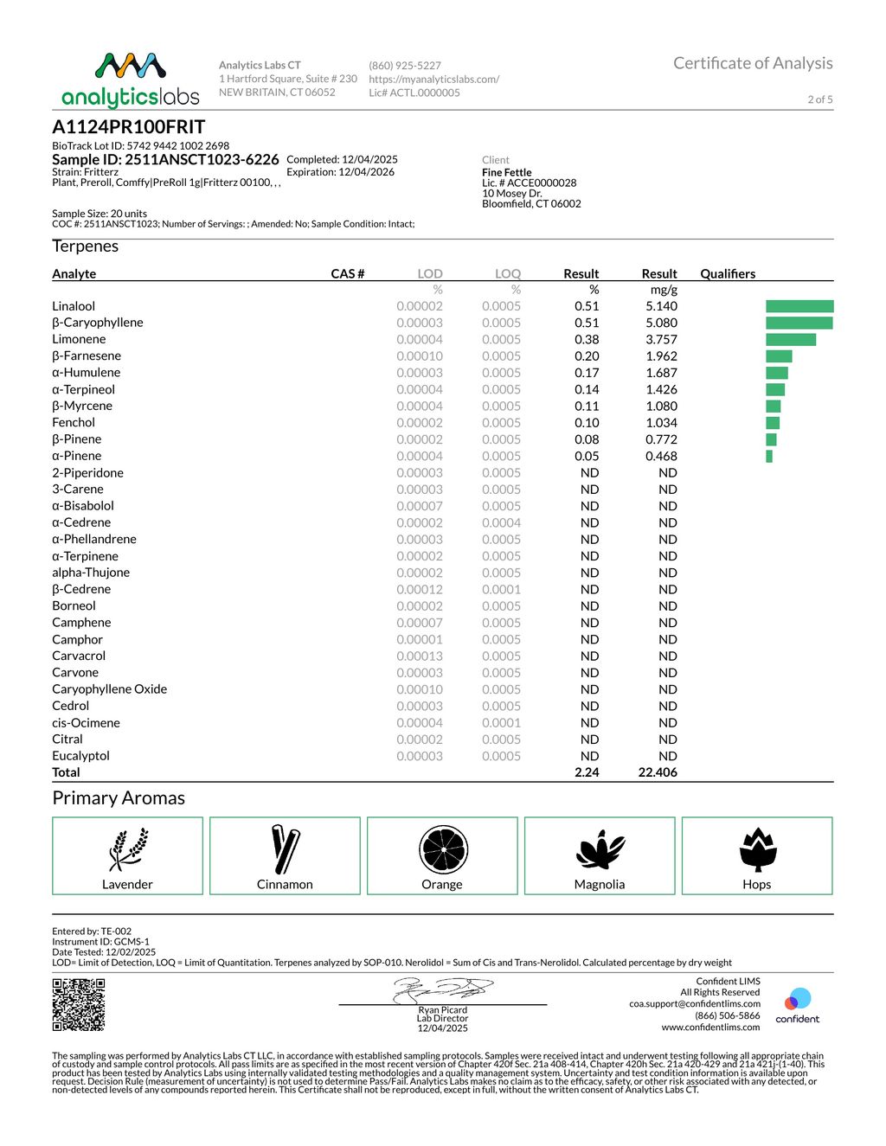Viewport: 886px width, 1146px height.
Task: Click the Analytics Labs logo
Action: pyautogui.click(x=131, y=80)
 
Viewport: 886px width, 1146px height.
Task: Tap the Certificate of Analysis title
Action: pyautogui.click(x=753, y=63)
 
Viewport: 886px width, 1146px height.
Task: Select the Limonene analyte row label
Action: pyautogui.click(x=79, y=339)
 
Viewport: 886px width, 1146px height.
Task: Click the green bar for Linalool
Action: pyautogui.click(x=799, y=306)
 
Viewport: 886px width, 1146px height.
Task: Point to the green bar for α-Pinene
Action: pyautogui.click(x=769, y=456)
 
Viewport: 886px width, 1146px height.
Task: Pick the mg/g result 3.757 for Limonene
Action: pyautogui.click(x=661, y=339)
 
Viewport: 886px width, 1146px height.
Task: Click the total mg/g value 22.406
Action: pyautogui.click(x=658, y=772)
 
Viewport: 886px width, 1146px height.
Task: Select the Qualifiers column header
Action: pyautogui.click(x=728, y=273)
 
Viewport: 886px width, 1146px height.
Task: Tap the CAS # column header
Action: pyautogui.click(x=348, y=273)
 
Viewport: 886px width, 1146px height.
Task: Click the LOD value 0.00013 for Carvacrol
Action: pyautogui.click(x=420, y=656)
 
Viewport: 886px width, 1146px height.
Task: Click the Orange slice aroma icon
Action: pyautogui.click(x=443, y=849)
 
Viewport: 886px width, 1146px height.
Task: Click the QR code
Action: pyautogui.click(x=79, y=1004)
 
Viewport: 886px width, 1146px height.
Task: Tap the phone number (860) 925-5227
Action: pyautogui.click(x=405, y=65)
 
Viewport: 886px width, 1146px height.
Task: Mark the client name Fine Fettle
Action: pyautogui.click(x=507, y=172)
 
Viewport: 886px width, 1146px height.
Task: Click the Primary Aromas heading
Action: pyautogui.click(x=119, y=798)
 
